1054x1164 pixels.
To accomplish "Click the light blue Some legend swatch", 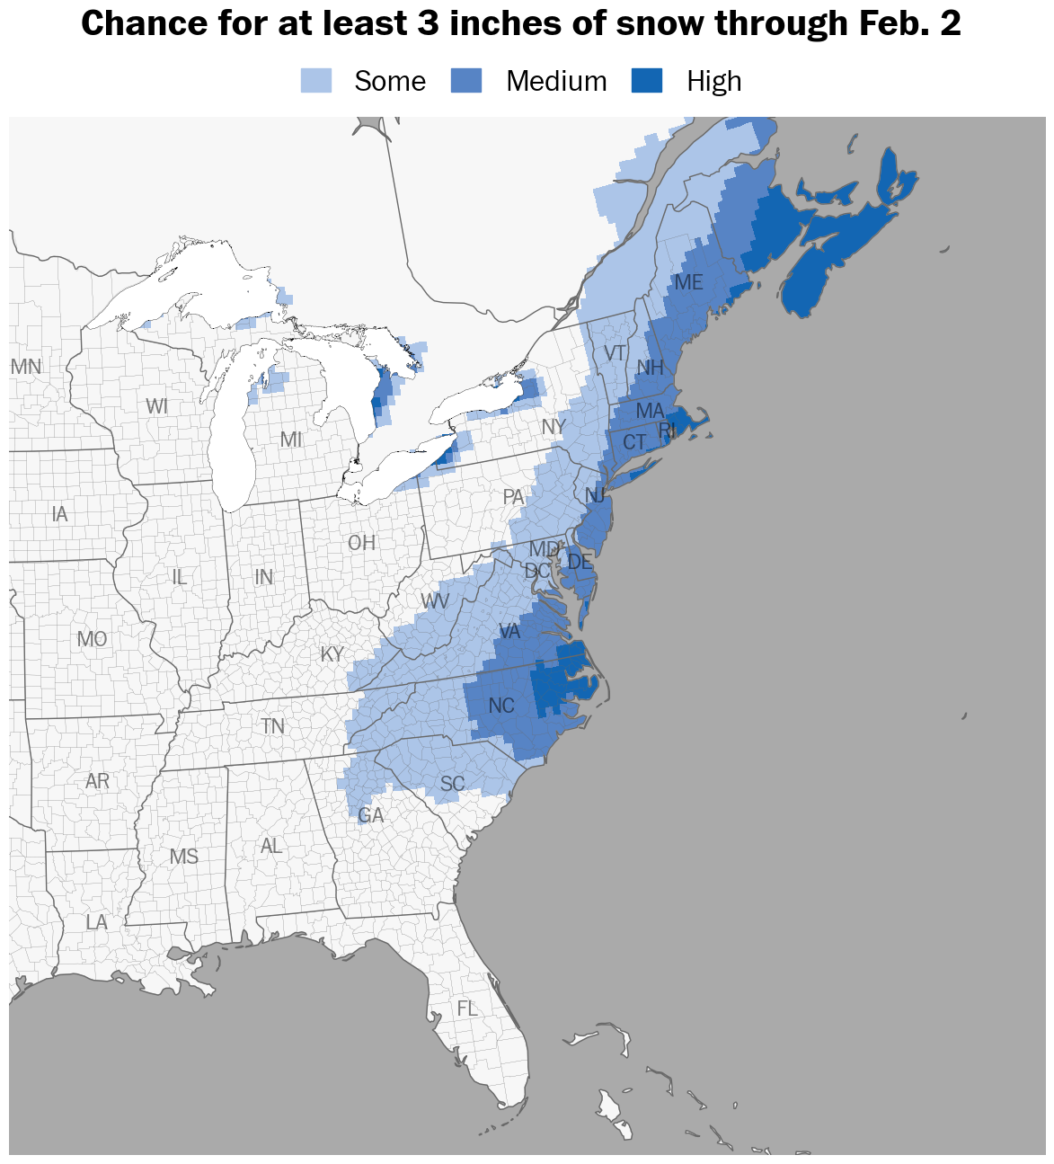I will click(x=316, y=81).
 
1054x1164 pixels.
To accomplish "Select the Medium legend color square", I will click(x=466, y=81).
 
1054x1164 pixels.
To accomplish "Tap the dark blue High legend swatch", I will click(x=647, y=81).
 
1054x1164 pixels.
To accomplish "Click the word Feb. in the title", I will click(x=892, y=23).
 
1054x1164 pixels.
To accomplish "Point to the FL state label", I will click(x=467, y=1009).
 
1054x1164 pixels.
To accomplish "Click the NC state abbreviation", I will click(x=501, y=706).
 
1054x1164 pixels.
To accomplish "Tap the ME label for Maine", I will click(x=688, y=282).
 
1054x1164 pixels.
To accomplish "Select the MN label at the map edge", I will click(x=26, y=367).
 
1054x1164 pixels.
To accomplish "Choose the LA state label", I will click(x=96, y=922).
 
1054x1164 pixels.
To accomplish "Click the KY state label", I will click(x=332, y=654).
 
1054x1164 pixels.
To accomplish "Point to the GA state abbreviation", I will click(x=370, y=815).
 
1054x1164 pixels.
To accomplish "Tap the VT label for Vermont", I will click(x=615, y=353).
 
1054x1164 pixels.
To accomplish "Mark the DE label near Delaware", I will click(x=580, y=563).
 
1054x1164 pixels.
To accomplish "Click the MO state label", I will click(x=92, y=639).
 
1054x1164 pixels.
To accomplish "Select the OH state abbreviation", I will click(x=361, y=543).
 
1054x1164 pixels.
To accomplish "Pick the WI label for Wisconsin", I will click(x=156, y=406).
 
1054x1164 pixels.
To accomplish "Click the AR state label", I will click(x=97, y=781).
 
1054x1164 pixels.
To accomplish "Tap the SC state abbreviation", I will click(x=452, y=784).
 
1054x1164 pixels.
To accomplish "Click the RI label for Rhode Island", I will click(x=667, y=431).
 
